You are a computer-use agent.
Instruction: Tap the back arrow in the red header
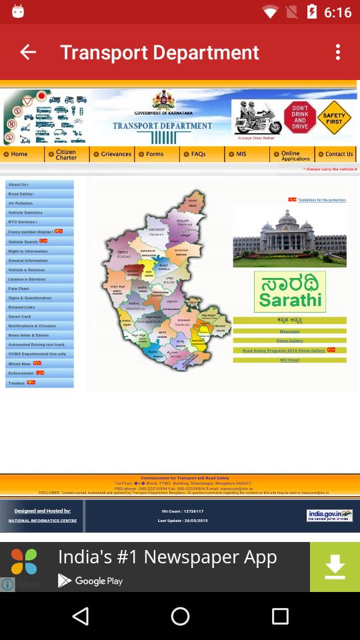[x=28, y=52]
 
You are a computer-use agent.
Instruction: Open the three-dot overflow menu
[x=338, y=52]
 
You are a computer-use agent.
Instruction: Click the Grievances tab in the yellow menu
[x=112, y=154]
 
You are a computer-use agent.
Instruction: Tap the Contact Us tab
[x=335, y=154]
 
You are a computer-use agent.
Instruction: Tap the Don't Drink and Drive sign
[x=299, y=117]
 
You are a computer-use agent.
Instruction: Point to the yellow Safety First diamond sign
[x=334, y=118]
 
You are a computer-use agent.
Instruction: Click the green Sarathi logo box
[x=289, y=292]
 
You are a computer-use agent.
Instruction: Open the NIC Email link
[x=289, y=360]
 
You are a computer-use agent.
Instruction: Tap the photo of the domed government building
[x=289, y=237]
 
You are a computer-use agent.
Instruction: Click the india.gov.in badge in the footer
[x=329, y=515]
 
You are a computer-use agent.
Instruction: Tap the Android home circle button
[x=180, y=616]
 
